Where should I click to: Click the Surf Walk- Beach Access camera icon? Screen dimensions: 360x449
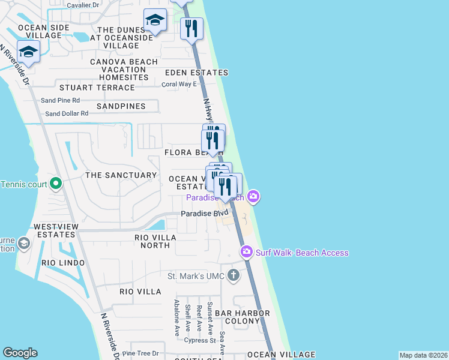point(246,251)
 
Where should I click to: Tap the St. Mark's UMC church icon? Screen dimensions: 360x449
point(234,276)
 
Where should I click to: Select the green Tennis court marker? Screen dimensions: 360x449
point(55,183)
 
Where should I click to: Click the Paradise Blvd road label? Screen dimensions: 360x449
point(205,214)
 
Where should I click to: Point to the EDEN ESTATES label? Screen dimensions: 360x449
point(197,73)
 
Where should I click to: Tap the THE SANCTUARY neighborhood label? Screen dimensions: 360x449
point(121,175)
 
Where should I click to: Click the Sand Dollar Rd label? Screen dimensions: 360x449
point(67,113)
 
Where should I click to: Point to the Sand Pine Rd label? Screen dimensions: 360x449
point(60,100)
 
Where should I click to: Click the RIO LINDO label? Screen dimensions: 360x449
point(63,263)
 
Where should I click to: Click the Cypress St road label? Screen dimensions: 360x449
point(200,340)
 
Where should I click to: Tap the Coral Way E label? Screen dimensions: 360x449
point(179,84)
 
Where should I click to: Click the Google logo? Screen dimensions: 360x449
point(20,353)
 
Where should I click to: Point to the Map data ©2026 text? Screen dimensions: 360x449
point(423,355)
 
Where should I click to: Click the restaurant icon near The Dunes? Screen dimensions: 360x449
point(191,28)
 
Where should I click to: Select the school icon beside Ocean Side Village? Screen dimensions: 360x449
point(28,52)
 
